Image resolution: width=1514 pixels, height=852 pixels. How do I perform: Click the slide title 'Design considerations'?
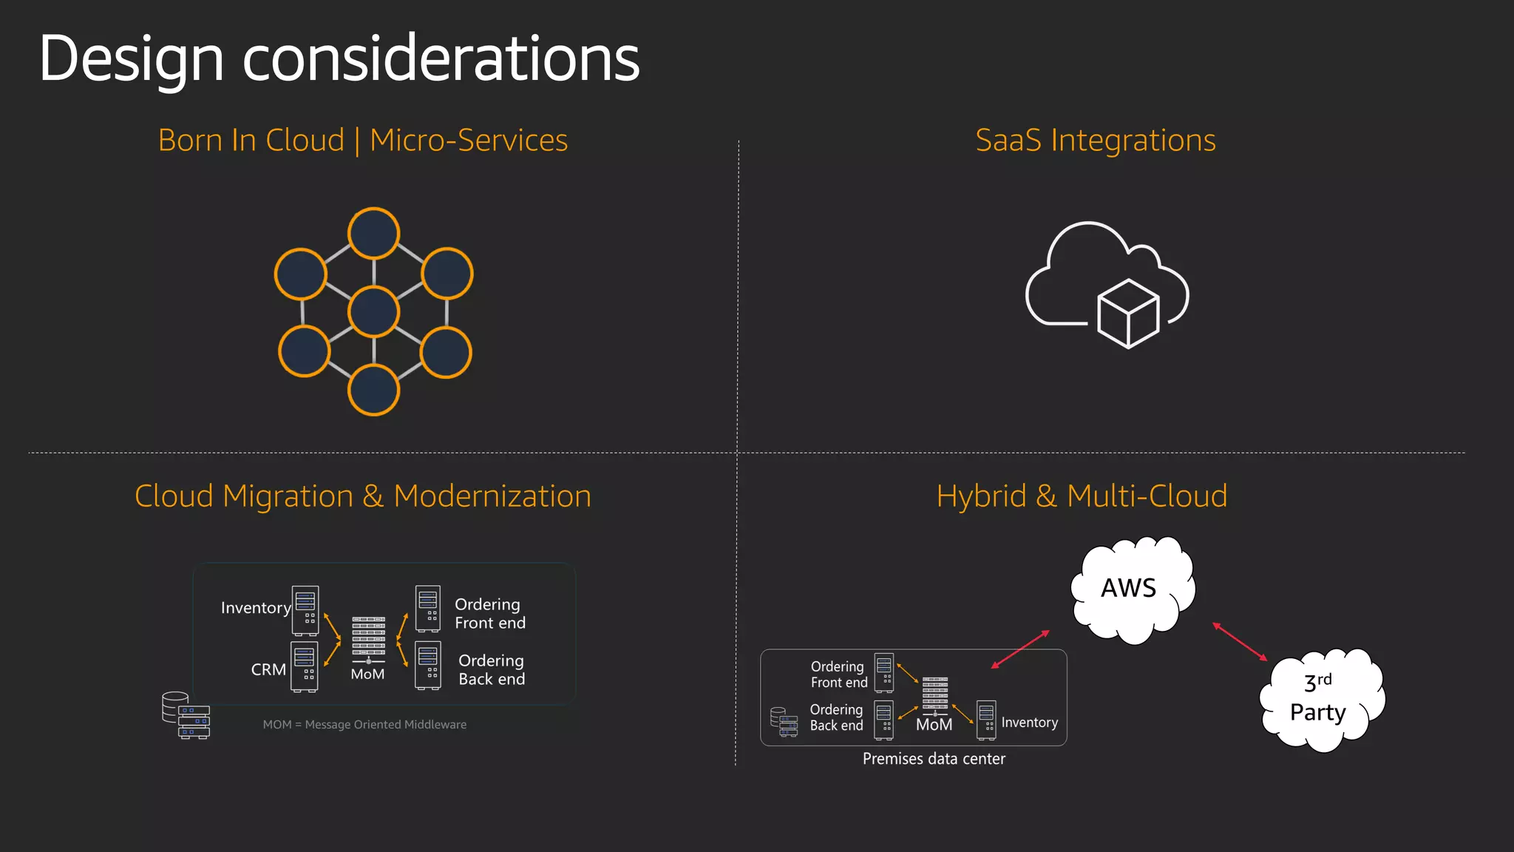pos(339,59)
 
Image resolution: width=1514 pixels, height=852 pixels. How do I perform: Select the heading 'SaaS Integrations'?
pos(1095,141)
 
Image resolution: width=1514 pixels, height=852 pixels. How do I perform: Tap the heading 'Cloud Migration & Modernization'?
pos(362,496)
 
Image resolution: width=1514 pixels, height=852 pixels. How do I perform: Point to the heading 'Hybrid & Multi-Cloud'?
pos(1082,496)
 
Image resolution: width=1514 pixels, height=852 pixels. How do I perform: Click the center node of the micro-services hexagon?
pos(374,311)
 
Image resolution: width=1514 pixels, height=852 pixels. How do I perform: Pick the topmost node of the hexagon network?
pos(374,234)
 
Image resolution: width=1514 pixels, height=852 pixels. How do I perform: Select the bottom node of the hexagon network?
pos(374,390)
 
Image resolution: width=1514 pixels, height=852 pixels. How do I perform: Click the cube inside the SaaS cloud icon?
pos(1128,313)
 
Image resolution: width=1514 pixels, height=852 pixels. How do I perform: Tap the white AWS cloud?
pos(1131,589)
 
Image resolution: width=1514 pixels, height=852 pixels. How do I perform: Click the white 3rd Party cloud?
pos(1320,698)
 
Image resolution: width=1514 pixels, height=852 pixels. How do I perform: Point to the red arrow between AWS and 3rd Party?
pos(1240,642)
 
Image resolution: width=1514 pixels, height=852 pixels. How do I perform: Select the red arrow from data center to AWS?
pos(1020,649)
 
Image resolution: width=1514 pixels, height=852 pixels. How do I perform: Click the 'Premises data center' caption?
pos(934,759)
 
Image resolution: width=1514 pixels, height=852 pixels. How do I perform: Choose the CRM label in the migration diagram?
pos(268,670)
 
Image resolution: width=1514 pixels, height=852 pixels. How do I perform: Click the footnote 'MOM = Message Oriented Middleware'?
pos(364,725)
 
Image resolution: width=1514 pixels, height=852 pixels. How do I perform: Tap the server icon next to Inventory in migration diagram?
pos(305,610)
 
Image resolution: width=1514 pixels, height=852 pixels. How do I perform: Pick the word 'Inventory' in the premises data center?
pos(1029,723)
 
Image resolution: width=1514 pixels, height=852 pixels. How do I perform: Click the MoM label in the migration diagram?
pos(367,674)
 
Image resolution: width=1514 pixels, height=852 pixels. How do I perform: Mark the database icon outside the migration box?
pos(185,715)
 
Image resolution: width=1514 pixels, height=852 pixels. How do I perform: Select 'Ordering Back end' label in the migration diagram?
pos(492,670)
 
